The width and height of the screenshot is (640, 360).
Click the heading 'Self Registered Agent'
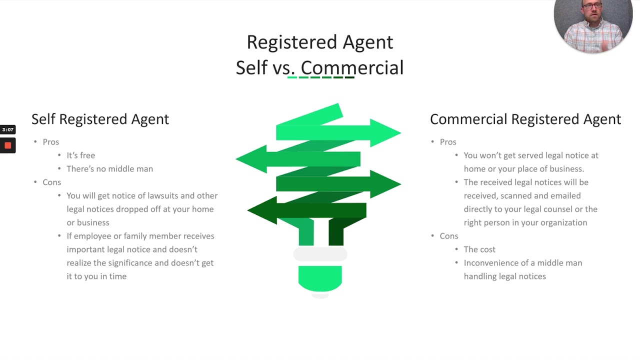pos(100,119)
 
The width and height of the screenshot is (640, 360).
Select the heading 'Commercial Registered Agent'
pos(525,119)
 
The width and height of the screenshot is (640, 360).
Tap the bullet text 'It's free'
pos(80,155)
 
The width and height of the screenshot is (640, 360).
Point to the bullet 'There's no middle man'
pos(109,169)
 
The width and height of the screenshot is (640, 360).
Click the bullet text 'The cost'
pos(479,249)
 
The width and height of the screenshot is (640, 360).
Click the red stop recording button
pos(7,145)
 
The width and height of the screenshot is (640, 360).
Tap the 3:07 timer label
pos(7,130)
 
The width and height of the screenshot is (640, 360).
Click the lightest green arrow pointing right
pos(340,132)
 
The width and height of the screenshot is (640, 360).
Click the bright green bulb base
pos(320,277)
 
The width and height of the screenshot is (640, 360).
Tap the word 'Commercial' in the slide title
pos(352,68)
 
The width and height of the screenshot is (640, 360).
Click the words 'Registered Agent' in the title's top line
pos(320,42)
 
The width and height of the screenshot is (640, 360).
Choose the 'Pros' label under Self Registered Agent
pos(50,142)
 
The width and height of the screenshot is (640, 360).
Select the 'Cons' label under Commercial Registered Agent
pos(448,236)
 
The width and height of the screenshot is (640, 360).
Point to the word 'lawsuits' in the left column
pos(164,196)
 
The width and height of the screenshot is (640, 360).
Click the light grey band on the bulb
pos(320,254)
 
